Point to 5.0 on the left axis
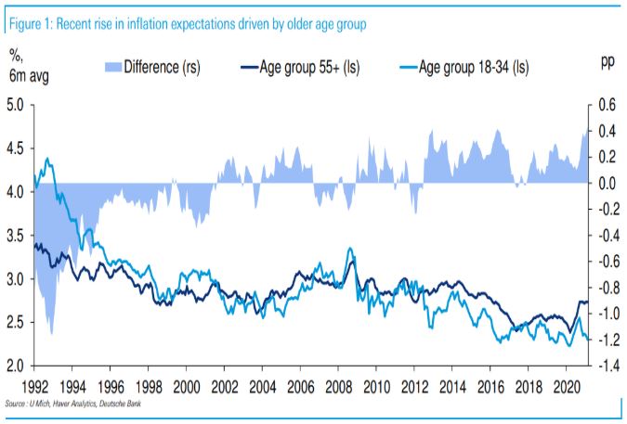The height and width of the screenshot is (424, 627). tap(16, 104)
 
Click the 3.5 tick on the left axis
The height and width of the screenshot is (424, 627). tap(16, 235)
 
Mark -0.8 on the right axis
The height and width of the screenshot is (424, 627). tap(603, 288)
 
